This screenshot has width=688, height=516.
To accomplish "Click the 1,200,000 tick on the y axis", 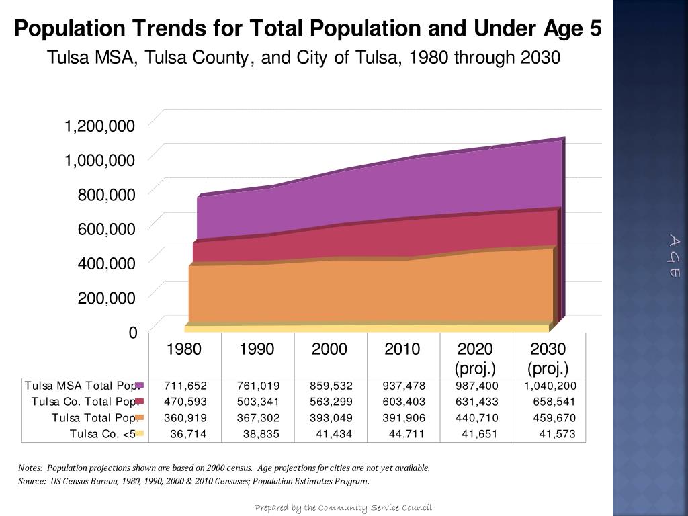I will (99, 126).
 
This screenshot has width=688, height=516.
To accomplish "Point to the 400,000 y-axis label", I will (106, 263).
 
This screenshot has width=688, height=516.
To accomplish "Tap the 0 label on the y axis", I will (132, 333).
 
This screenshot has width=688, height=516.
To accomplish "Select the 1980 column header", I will (184, 349).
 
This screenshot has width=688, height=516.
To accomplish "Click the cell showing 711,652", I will (185, 386).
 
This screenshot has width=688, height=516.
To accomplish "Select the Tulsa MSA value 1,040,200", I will (550, 386).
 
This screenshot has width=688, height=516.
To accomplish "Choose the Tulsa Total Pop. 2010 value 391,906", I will (404, 418).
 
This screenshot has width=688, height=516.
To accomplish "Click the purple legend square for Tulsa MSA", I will (140, 386).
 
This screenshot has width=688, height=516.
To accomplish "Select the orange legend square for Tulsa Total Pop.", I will (140, 418).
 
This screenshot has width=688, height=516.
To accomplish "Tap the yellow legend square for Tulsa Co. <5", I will (140, 434).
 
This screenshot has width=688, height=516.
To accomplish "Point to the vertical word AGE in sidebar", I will (674, 256).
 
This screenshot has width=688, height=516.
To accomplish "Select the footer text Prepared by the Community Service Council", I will (343, 507).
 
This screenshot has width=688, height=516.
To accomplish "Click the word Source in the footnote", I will (32, 481).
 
